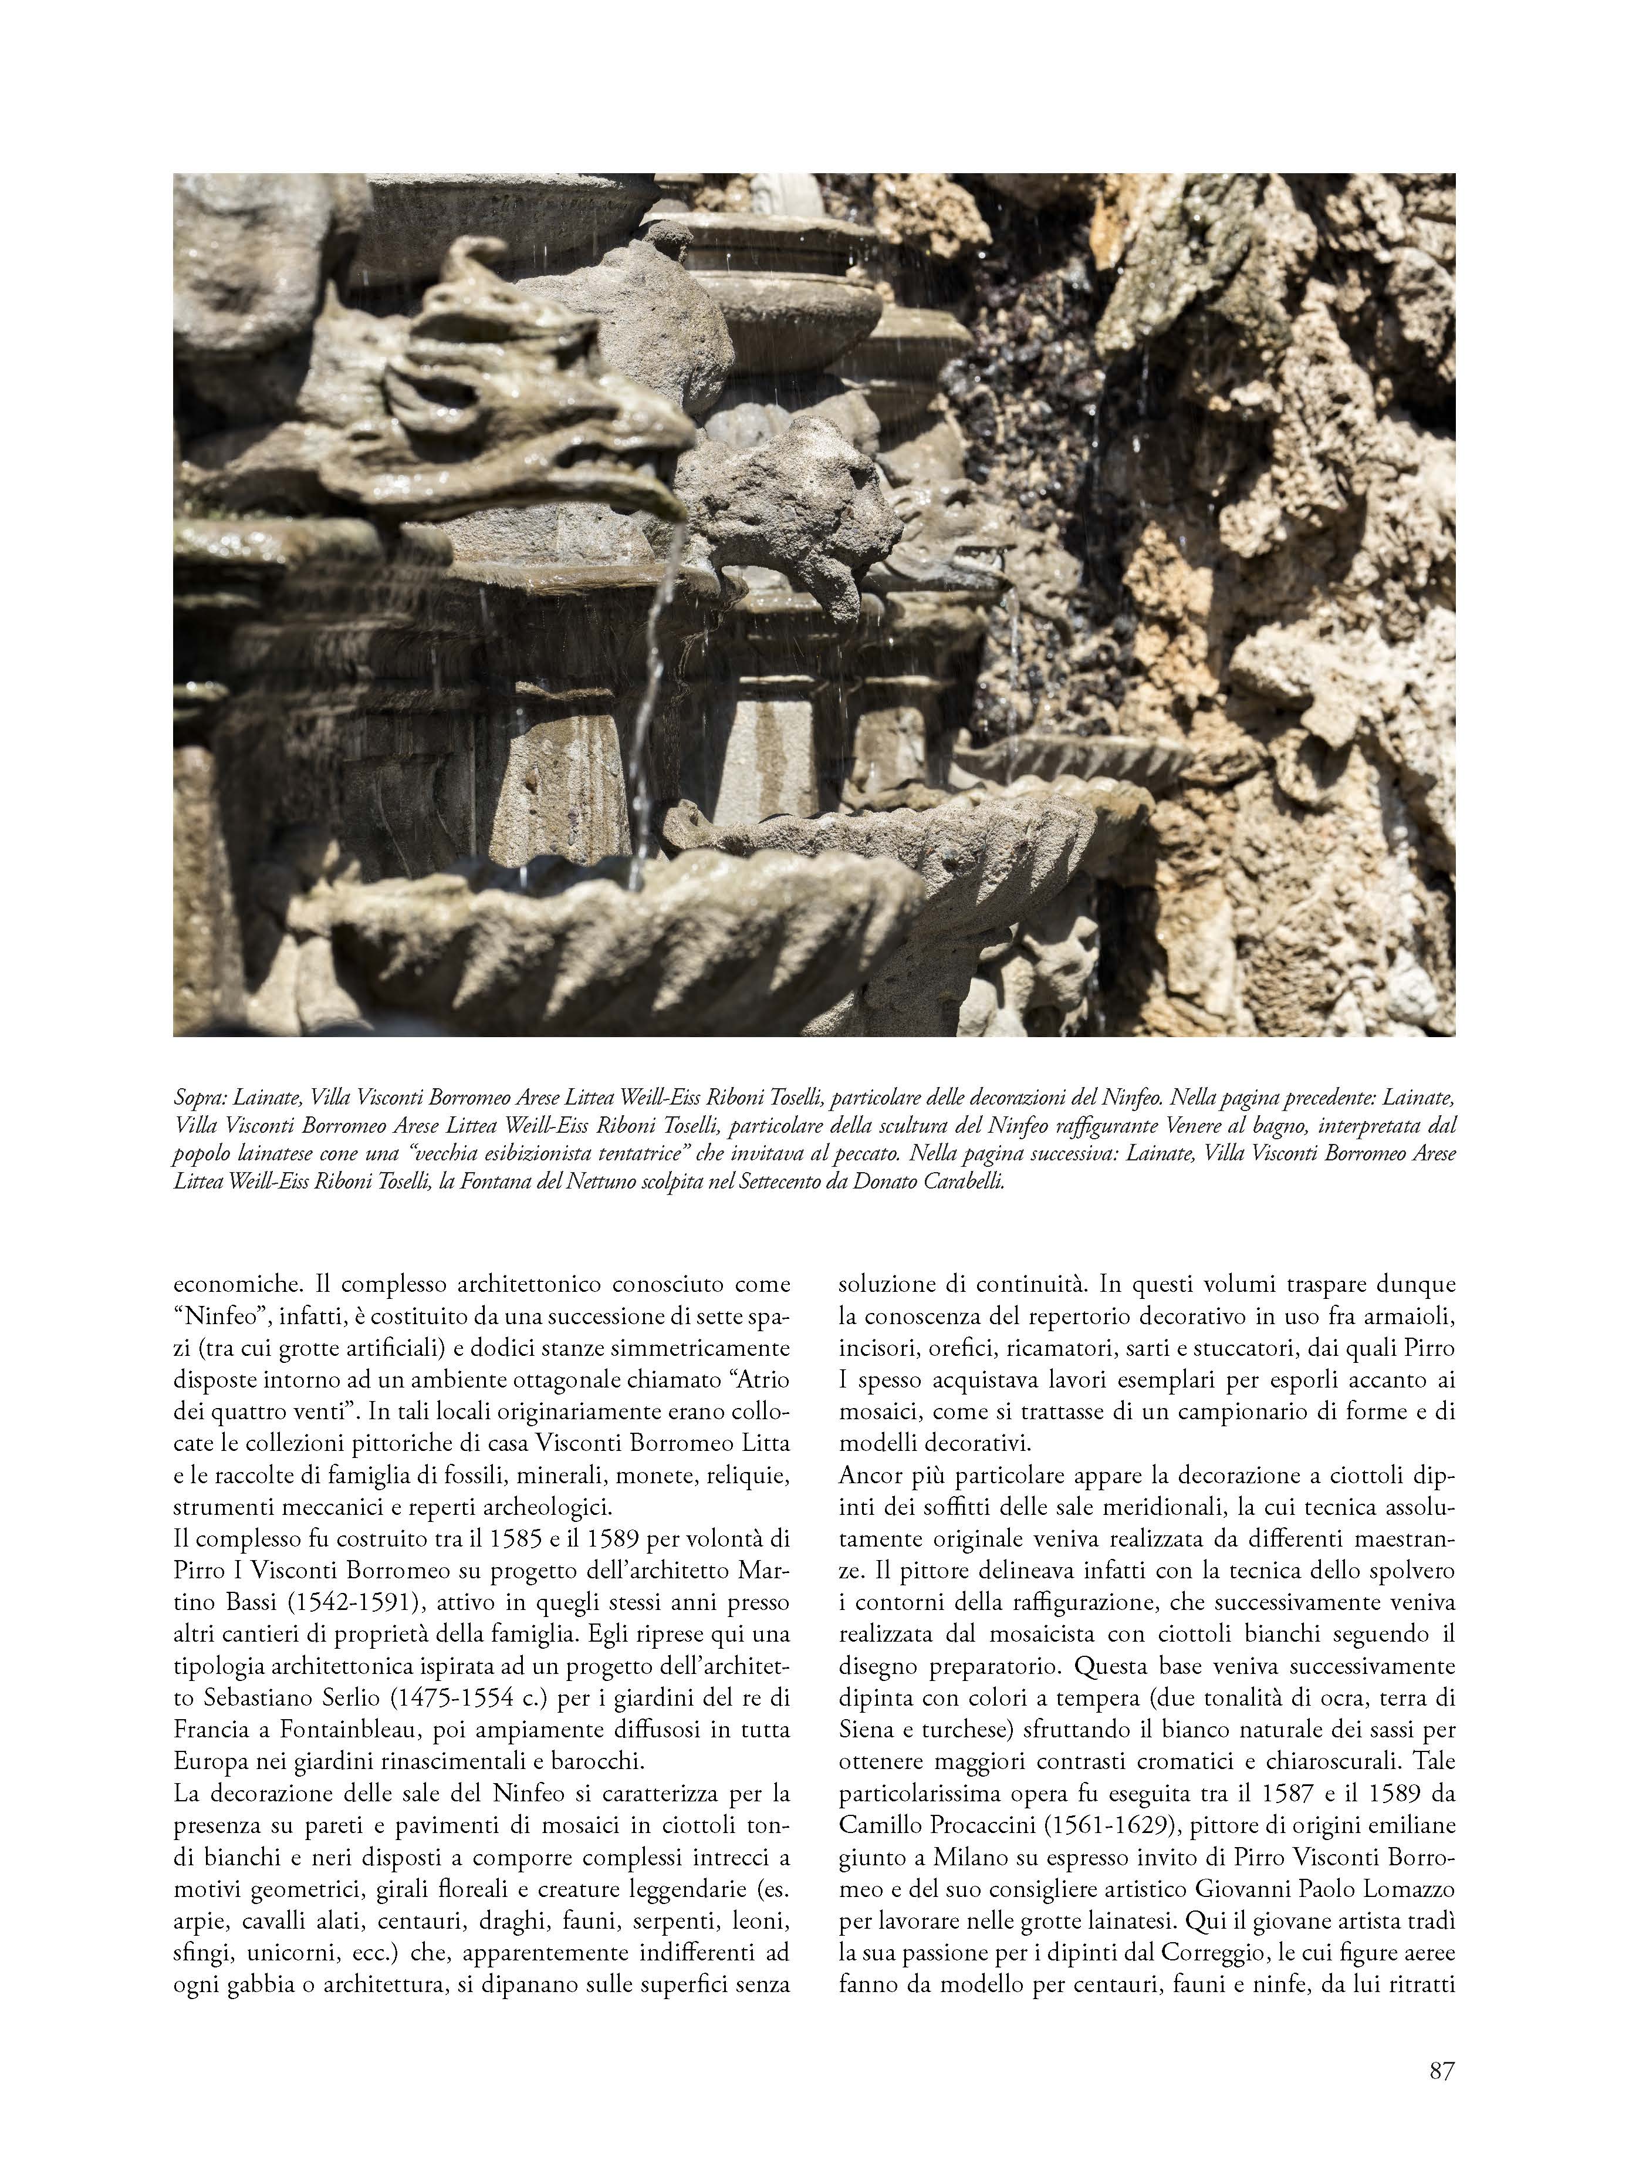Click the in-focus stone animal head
point(799,513)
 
